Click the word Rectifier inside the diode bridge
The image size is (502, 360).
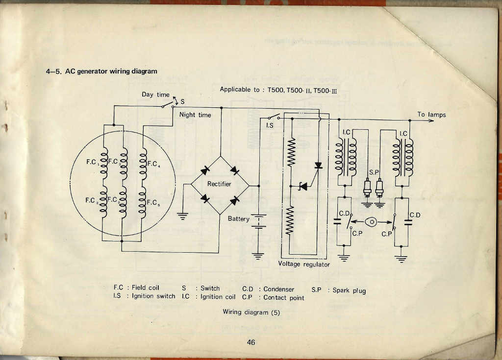point(219,184)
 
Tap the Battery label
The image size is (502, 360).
point(239,219)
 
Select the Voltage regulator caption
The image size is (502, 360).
point(304,264)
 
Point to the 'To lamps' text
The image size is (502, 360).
point(431,115)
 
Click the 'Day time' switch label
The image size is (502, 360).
point(155,95)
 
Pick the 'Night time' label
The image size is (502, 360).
point(195,115)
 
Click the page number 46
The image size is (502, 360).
point(251,342)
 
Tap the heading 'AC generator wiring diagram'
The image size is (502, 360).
point(111,71)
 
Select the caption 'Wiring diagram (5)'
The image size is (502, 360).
point(251,312)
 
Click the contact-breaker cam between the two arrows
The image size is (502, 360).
point(372,222)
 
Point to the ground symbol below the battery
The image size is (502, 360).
point(258,256)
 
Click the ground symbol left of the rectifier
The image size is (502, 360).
point(182,216)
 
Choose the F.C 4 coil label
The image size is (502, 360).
point(153,164)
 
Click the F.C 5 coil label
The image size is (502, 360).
point(153,203)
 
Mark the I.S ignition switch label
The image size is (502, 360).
point(270,125)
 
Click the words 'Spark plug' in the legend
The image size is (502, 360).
point(349,290)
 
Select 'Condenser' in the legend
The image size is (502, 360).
point(278,289)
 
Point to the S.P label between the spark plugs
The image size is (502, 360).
point(374,172)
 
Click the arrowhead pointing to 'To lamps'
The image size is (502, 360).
point(430,120)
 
